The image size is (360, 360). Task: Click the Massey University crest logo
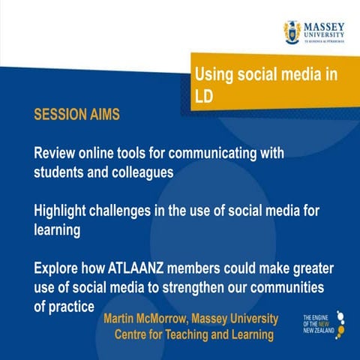point(292,31)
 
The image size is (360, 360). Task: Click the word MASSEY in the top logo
point(323,25)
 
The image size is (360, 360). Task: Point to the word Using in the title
point(213,74)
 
